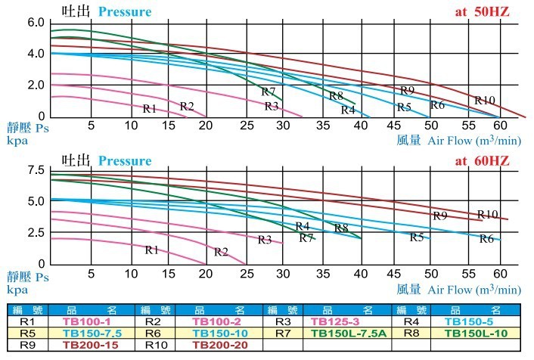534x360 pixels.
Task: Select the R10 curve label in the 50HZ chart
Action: pos(485,101)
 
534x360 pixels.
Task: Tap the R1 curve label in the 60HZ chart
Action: pos(151,250)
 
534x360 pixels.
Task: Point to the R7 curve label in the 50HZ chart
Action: pos(268,92)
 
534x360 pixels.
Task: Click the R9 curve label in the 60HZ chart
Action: pos(440,216)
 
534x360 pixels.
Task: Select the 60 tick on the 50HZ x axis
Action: pos(499,125)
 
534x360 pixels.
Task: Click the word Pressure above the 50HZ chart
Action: pos(123,12)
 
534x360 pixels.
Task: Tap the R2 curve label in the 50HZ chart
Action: pos(187,106)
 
